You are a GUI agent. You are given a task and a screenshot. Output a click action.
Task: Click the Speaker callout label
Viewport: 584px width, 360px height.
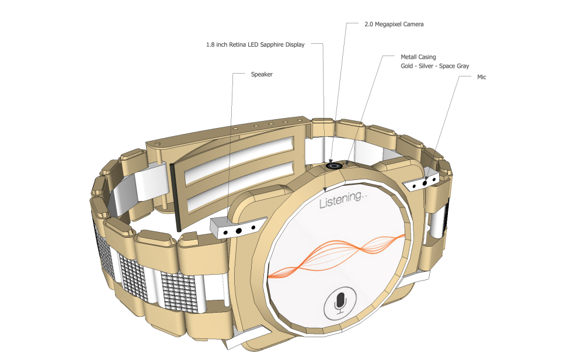point(262,75)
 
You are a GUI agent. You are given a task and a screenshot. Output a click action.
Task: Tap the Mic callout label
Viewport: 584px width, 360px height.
point(481,77)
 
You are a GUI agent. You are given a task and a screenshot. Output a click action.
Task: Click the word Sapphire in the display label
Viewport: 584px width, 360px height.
point(270,44)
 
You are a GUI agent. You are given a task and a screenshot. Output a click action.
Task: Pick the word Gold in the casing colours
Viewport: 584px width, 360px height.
point(407,66)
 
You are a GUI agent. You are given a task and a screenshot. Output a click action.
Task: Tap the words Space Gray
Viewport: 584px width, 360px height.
point(456,66)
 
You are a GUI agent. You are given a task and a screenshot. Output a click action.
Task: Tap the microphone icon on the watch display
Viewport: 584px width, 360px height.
point(339,303)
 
